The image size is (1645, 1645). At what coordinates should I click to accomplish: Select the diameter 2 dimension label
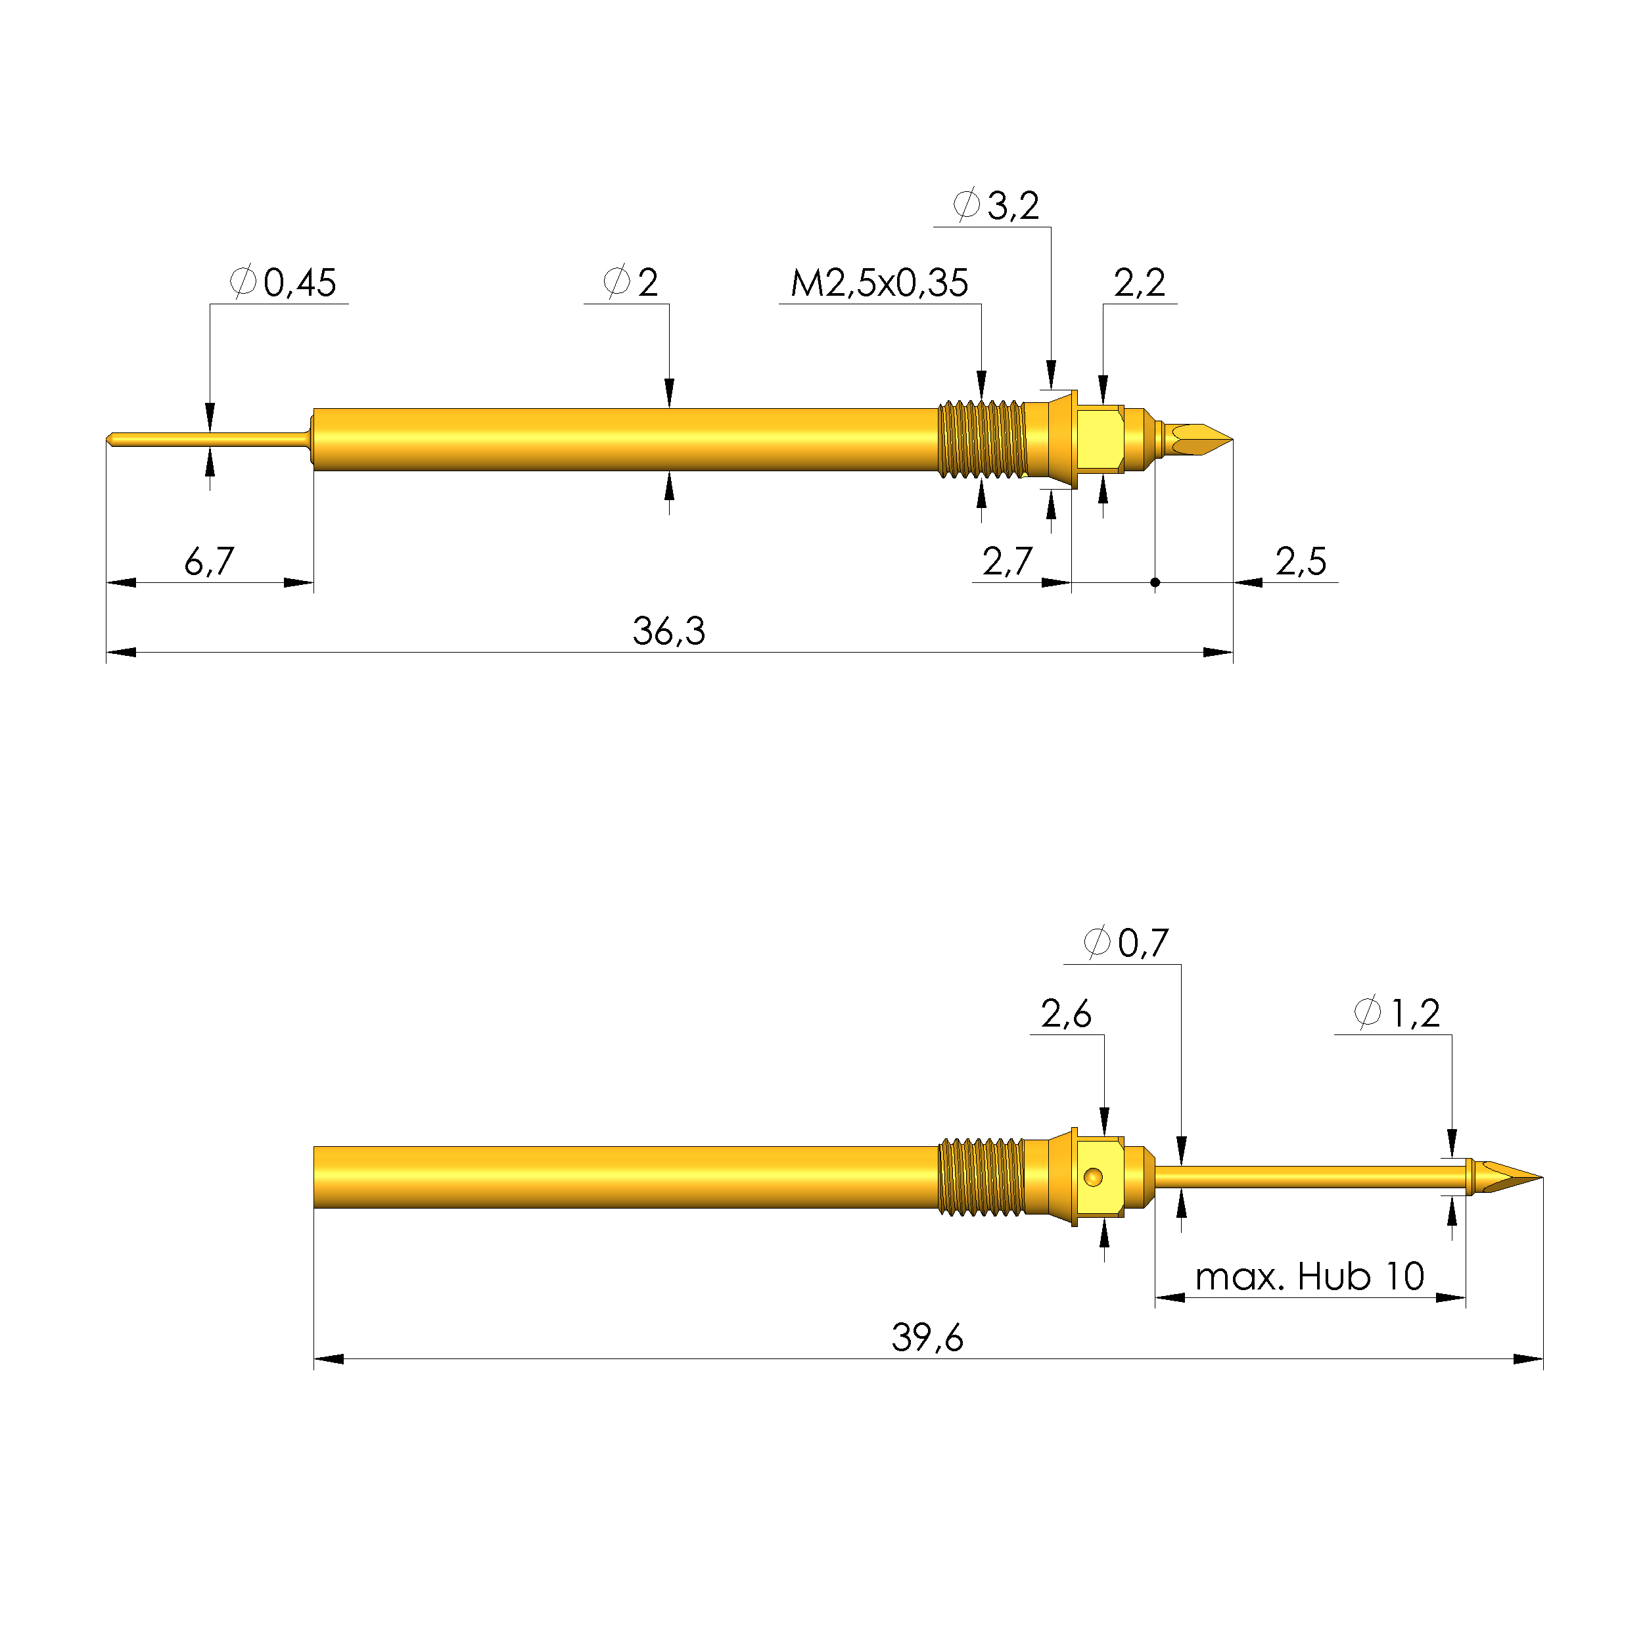point(631,283)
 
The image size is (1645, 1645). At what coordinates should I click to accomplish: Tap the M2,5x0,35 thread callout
point(879,283)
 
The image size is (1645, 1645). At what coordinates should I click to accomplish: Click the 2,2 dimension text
point(1138,283)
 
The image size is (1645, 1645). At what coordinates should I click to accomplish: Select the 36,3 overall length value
point(668,632)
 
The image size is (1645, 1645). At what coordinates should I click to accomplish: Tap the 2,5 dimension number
point(1300,562)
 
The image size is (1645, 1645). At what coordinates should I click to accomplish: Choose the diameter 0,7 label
point(1126,943)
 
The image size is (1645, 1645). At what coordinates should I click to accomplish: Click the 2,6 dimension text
point(1065,1014)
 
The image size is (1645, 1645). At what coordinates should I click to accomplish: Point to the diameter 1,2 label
point(1397,1014)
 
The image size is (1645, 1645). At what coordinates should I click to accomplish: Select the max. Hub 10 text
point(1309,1277)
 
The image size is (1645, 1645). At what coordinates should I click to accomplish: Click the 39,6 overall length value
point(927,1337)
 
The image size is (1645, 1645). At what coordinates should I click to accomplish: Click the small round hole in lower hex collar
point(1093,1178)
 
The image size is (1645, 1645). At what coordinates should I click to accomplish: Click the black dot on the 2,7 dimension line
point(1155,582)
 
